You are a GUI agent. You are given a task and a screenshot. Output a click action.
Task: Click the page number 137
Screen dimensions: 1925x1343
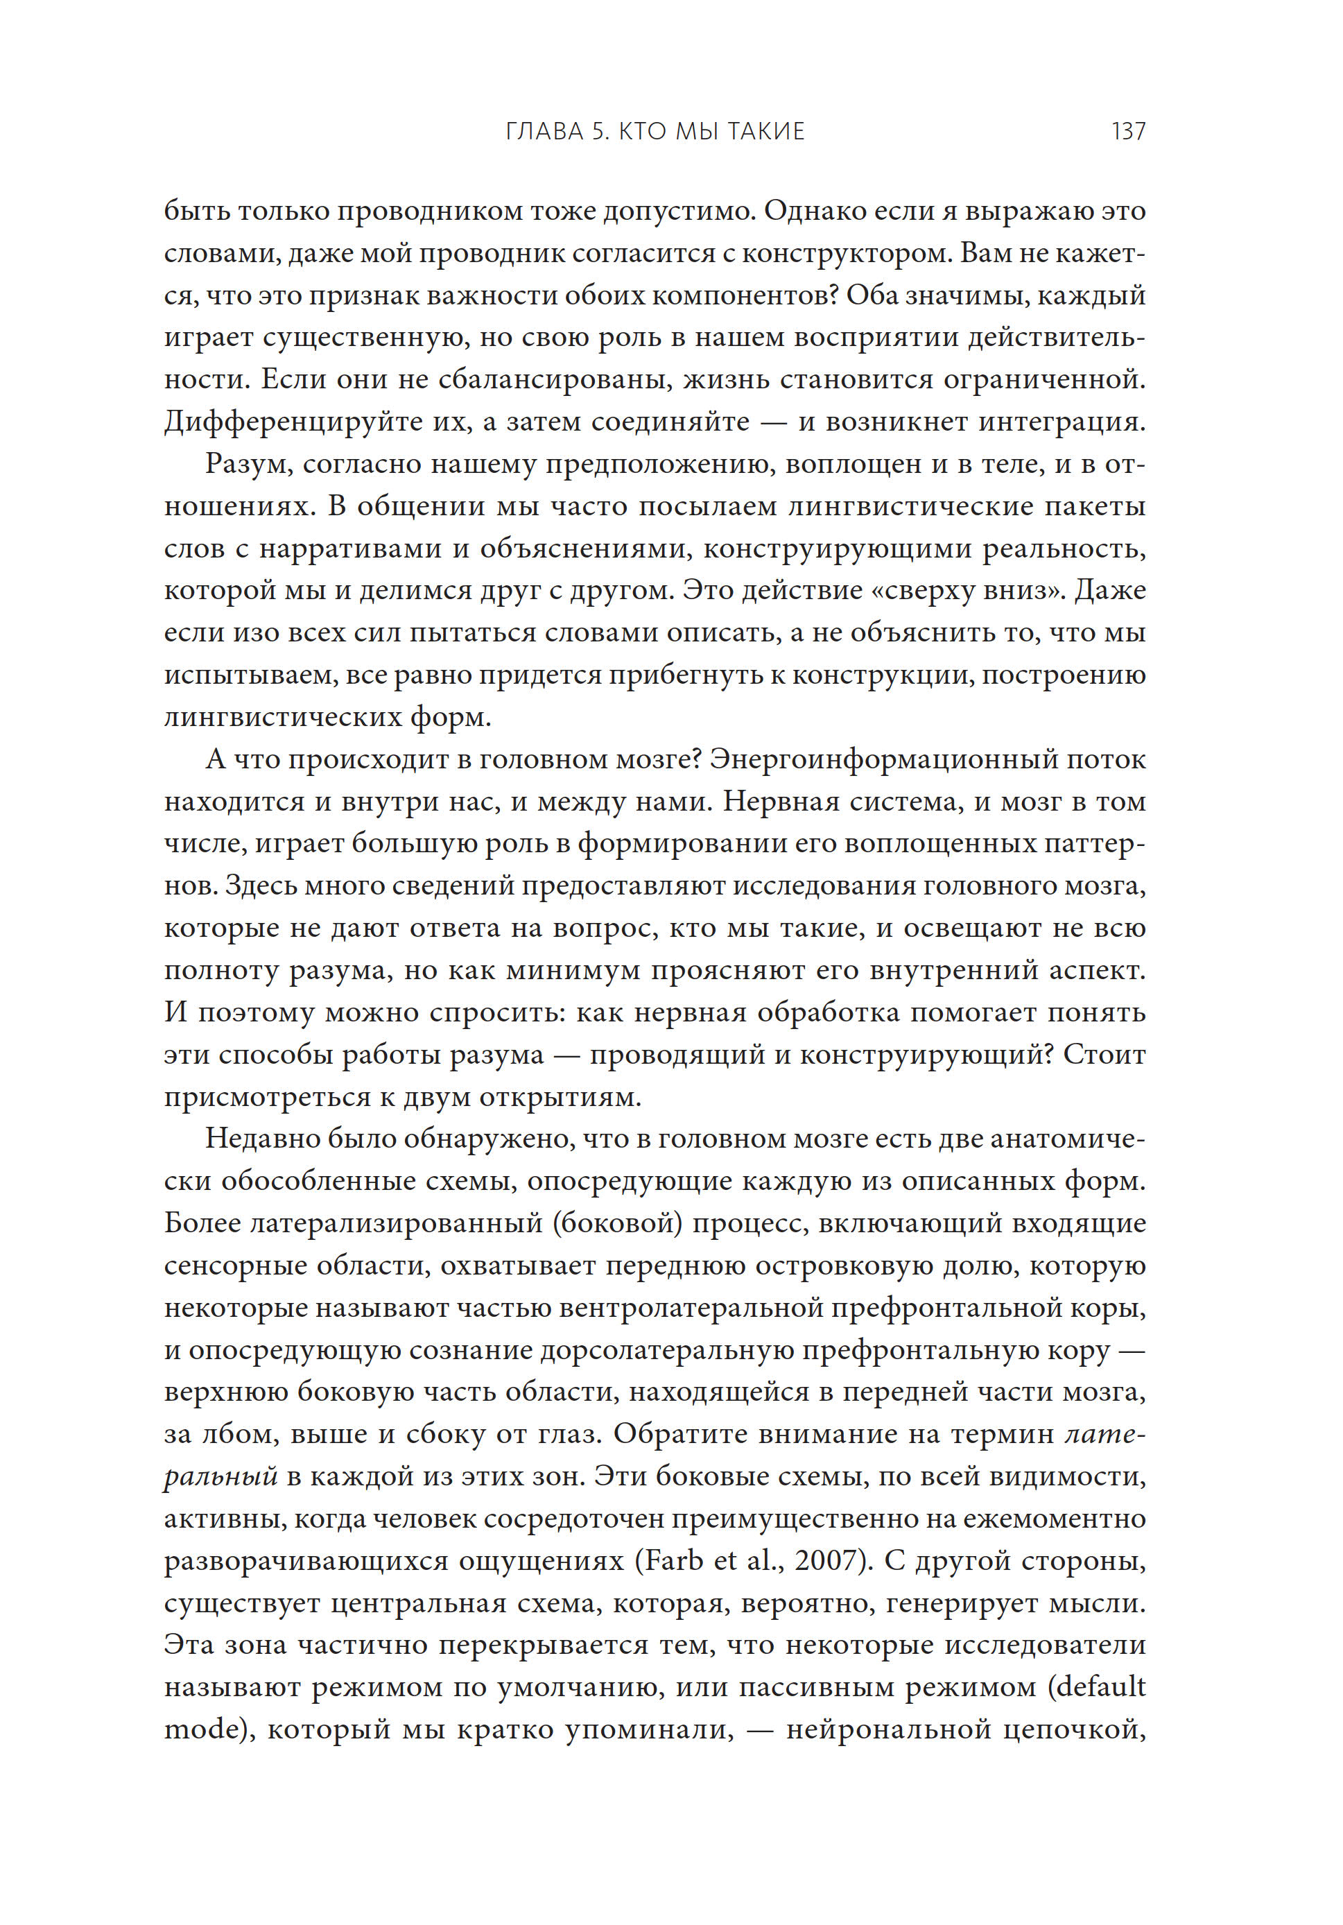point(1127,132)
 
